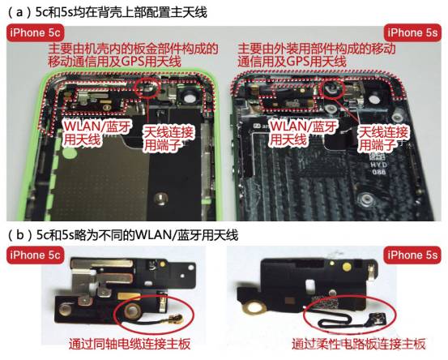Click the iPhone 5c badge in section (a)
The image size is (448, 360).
pyautogui.click(x=35, y=32)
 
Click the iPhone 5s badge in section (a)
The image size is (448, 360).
pyautogui.click(x=412, y=32)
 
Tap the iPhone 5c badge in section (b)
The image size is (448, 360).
pyautogui.click(x=35, y=255)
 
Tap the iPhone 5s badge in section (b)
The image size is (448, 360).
pyautogui.click(x=412, y=255)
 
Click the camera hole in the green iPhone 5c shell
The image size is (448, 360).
pyautogui.click(x=189, y=98)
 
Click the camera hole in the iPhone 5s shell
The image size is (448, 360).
pyautogui.click(x=374, y=100)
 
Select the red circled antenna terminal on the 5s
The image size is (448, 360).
pyautogui.click(x=333, y=88)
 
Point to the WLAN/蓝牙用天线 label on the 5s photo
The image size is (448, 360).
pyautogui.click(x=304, y=133)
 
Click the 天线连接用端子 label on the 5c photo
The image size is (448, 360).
pyautogui.click(x=168, y=139)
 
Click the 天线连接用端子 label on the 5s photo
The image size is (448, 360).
pyautogui.click(x=383, y=139)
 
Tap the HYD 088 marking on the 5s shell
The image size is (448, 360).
pyautogui.click(x=379, y=168)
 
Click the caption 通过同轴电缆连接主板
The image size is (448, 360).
pyautogui.click(x=130, y=344)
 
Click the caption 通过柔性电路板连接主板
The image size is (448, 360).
pyautogui.click(x=359, y=344)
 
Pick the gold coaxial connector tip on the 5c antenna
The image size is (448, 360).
pyautogui.click(x=174, y=317)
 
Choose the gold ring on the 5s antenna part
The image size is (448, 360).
pyautogui.click(x=254, y=308)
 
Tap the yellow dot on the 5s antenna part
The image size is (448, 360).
pyautogui.click(x=347, y=267)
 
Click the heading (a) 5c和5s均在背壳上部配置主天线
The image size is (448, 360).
pyautogui.click(x=108, y=12)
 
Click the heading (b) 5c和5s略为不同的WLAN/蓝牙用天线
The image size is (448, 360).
pyautogui.click(x=123, y=235)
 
